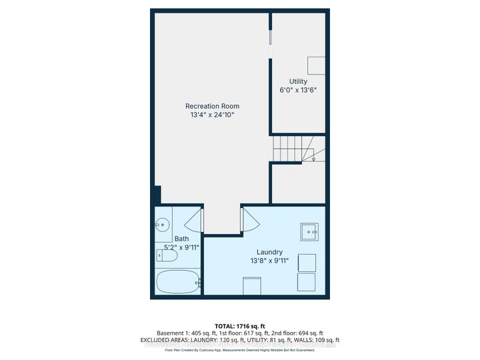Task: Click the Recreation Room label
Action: click(x=212, y=106)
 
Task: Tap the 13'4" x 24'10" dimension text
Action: click(x=212, y=115)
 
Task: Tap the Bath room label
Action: click(x=181, y=239)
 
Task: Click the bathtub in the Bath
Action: click(x=178, y=281)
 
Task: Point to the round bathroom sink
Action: click(x=161, y=225)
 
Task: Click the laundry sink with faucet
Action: click(x=309, y=231)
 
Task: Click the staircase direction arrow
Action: click(x=313, y=158)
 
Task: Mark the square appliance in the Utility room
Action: click(x=316, y=65)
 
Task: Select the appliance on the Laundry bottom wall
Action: click(x=251, y=287)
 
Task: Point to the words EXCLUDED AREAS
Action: click(x=177, y=340)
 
